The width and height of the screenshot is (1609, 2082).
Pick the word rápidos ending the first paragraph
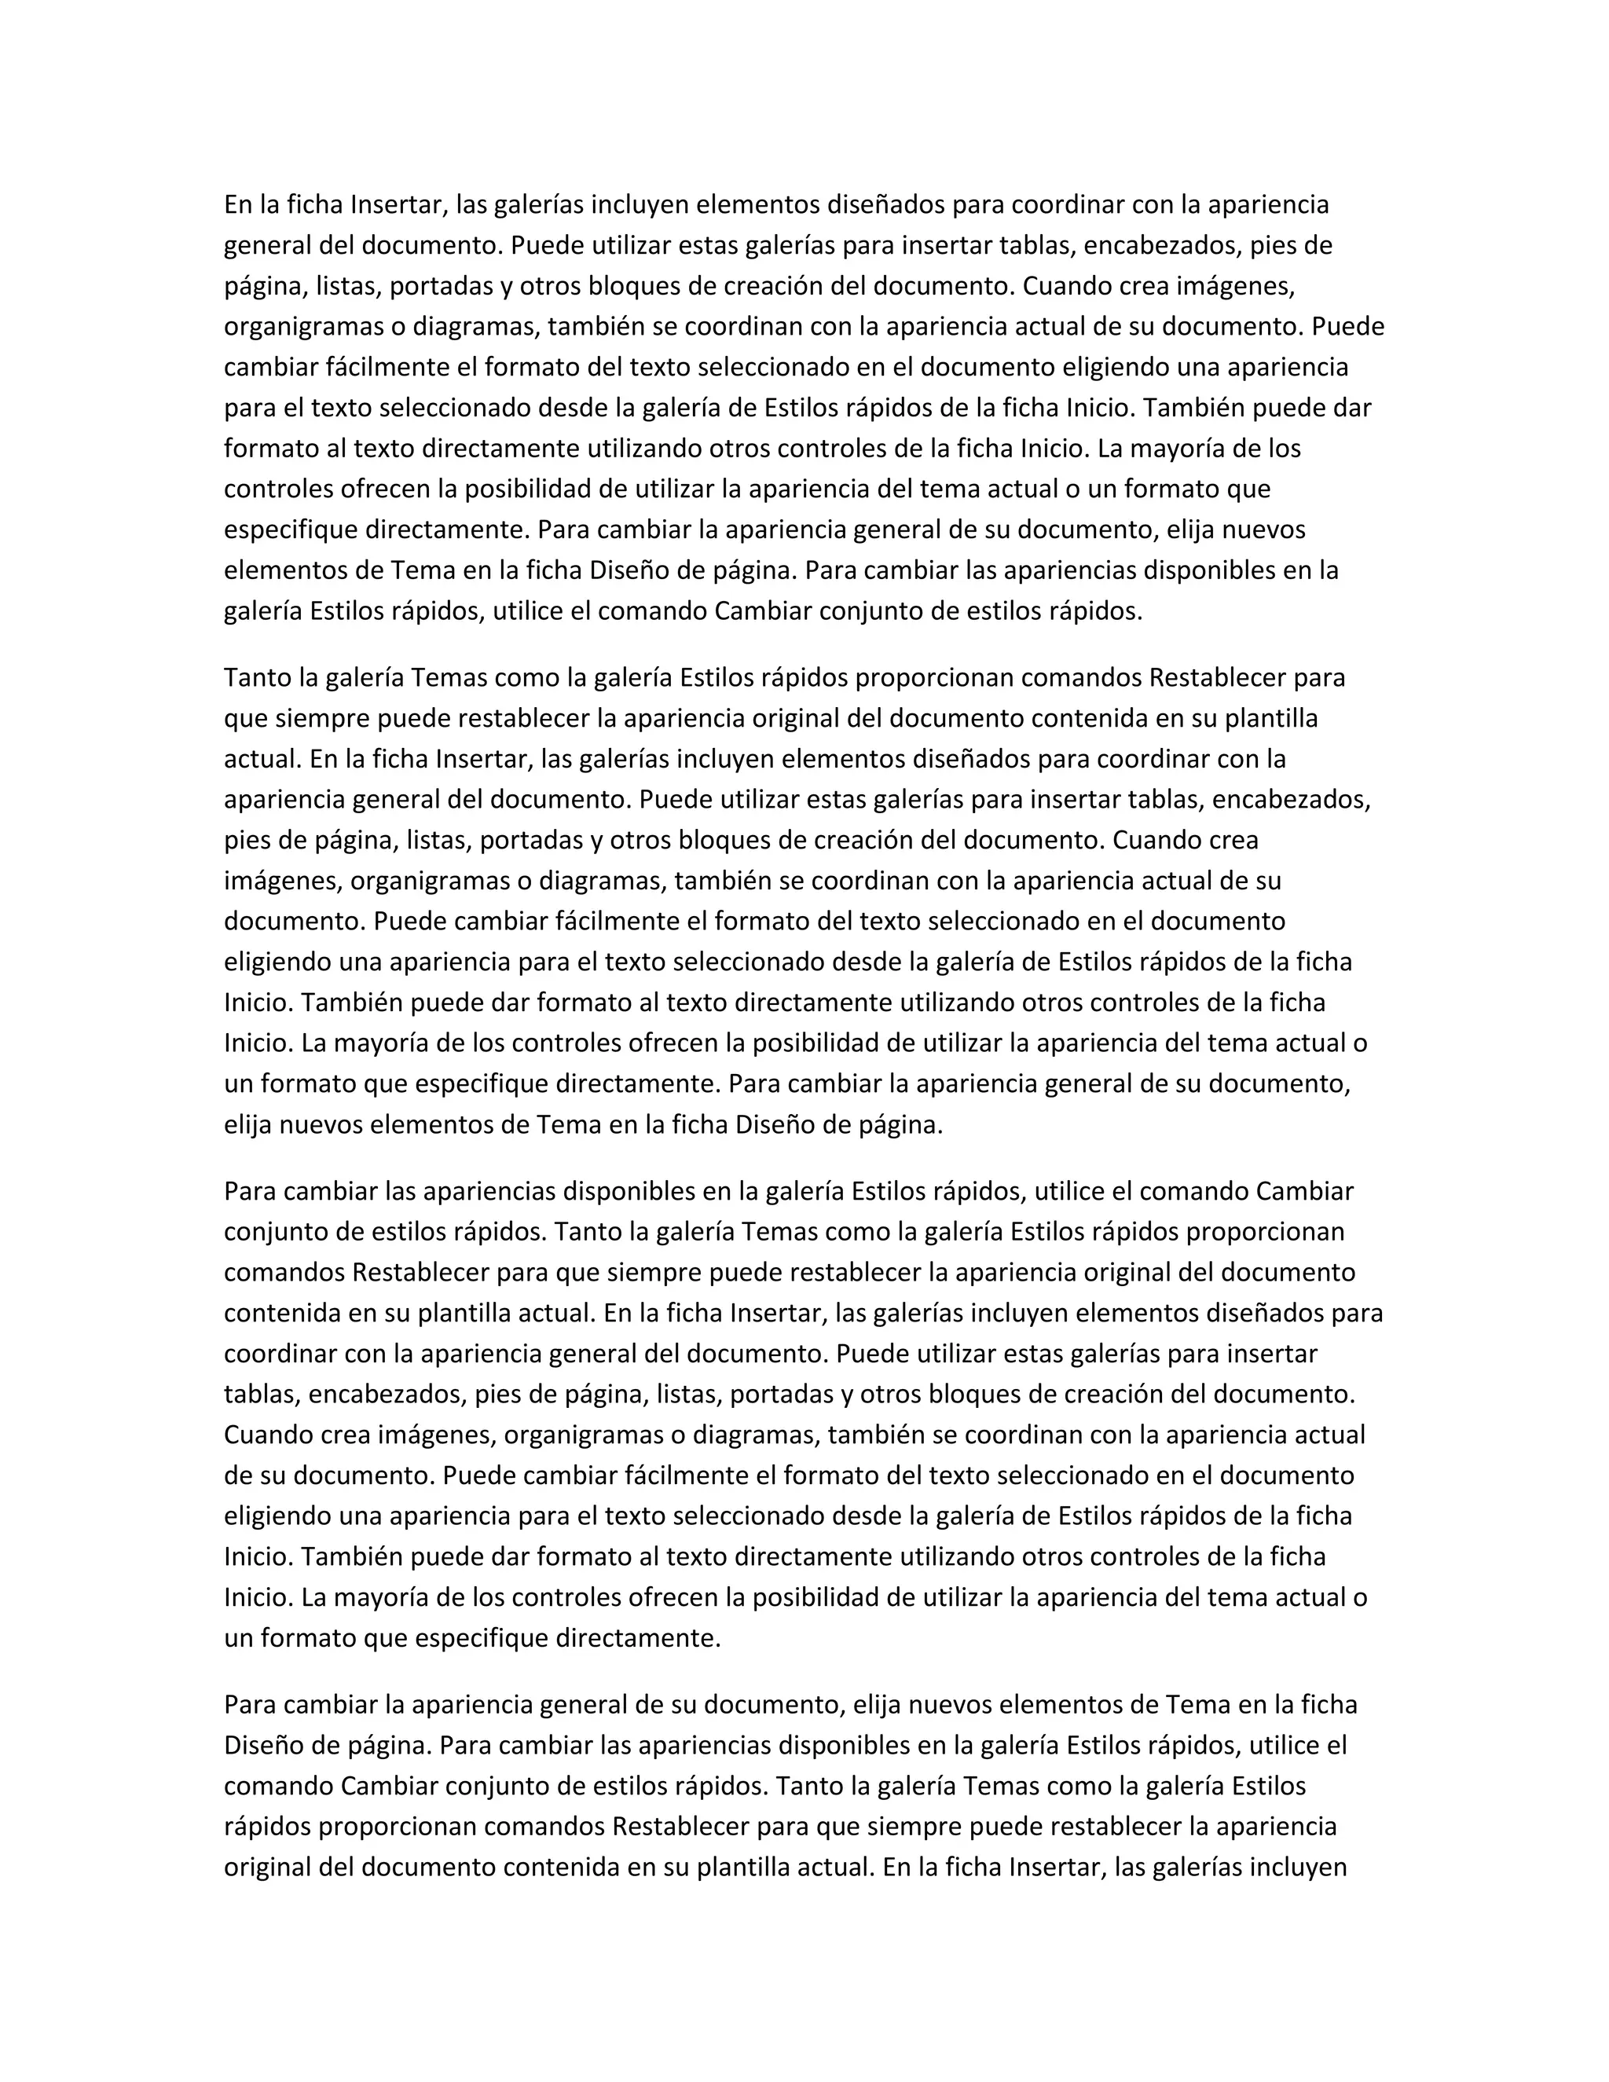(x=1094, y=611)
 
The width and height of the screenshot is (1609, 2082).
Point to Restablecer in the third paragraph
(x=421, y=1273)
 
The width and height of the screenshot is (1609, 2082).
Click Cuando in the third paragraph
(x=267, y=1435)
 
